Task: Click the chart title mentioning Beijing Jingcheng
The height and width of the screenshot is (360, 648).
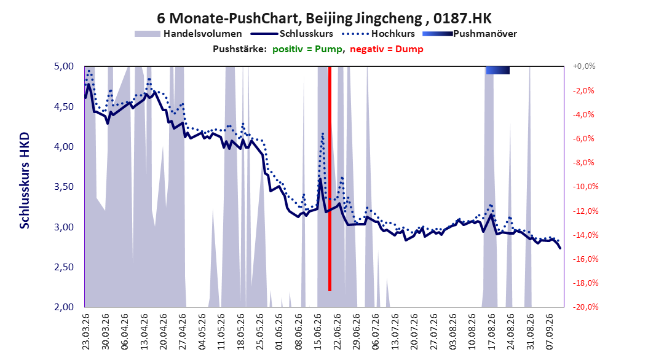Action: point(324,18)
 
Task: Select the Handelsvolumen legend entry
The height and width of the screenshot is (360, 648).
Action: point(188,34)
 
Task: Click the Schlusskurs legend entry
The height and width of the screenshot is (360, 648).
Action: point(292,34)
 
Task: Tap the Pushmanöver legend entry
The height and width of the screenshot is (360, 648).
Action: point(470,34)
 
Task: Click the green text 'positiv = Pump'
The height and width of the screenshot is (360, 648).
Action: point(307,49)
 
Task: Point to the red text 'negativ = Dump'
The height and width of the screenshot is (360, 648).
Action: point(387,49)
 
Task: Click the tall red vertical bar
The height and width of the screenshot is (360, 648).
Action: point(330,179)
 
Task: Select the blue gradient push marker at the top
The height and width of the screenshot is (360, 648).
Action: point(497,70)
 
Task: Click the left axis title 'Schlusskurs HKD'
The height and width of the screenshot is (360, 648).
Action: point(25,181)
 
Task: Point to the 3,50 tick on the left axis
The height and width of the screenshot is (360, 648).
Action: point(64,187)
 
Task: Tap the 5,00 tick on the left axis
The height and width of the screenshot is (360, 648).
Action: point(64,66)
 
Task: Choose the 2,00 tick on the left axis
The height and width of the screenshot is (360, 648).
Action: point(64,307)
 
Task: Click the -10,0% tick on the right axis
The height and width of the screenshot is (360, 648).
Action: point(585,187)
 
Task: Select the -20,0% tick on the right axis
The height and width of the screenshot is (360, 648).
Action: point(585,307)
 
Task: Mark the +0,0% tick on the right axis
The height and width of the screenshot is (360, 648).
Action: point(584,66)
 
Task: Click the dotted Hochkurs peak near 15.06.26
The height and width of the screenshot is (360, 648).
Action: point(322,133)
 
